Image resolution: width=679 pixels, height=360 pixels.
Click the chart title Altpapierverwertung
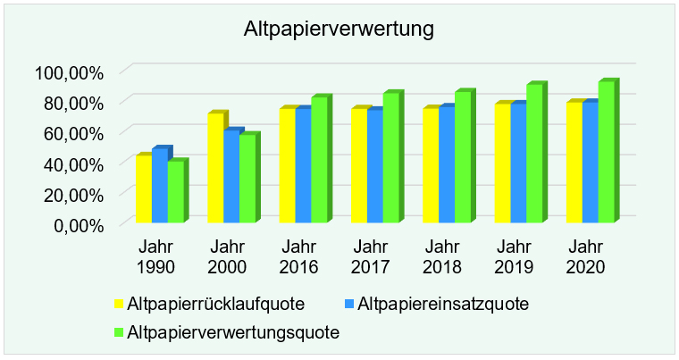click(x=339, y=29)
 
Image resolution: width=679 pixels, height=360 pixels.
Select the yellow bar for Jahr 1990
click(x=143, y=188)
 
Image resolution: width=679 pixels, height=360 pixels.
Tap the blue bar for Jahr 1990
click(x=159, y=185)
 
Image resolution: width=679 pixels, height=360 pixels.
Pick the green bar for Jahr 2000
click(x=247, y=178)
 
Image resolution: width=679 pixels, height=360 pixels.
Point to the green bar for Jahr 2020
click(x=607, y=151)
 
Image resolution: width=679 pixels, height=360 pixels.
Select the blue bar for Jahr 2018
click(x=446, y=164)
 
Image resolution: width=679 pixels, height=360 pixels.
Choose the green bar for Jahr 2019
click(x=534, y=153)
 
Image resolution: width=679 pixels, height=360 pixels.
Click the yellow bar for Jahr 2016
click(x=287, y=165)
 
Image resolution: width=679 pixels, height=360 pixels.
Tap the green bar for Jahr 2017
click(x=390, y=157)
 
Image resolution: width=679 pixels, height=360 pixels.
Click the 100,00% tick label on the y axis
click(x=70, y=71)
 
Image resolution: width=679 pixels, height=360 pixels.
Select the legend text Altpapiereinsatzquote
click(x=441, y=304)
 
